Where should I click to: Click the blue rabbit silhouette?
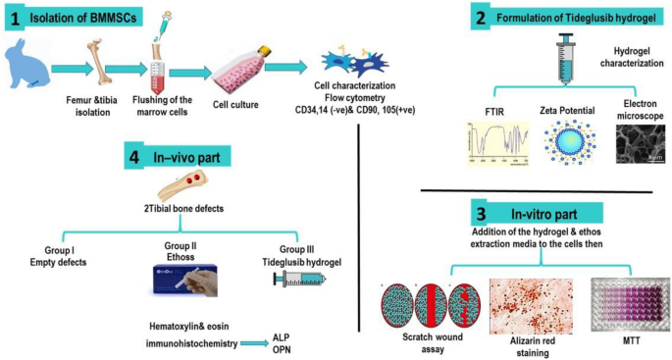pos(28,68)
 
